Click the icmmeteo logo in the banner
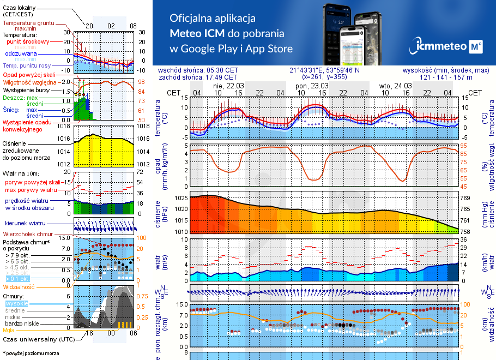point(449,46)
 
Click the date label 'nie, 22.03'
point(228,86)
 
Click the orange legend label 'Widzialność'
point(19,286)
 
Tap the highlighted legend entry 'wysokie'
point(16,303)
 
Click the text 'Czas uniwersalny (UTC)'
point(38,339)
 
